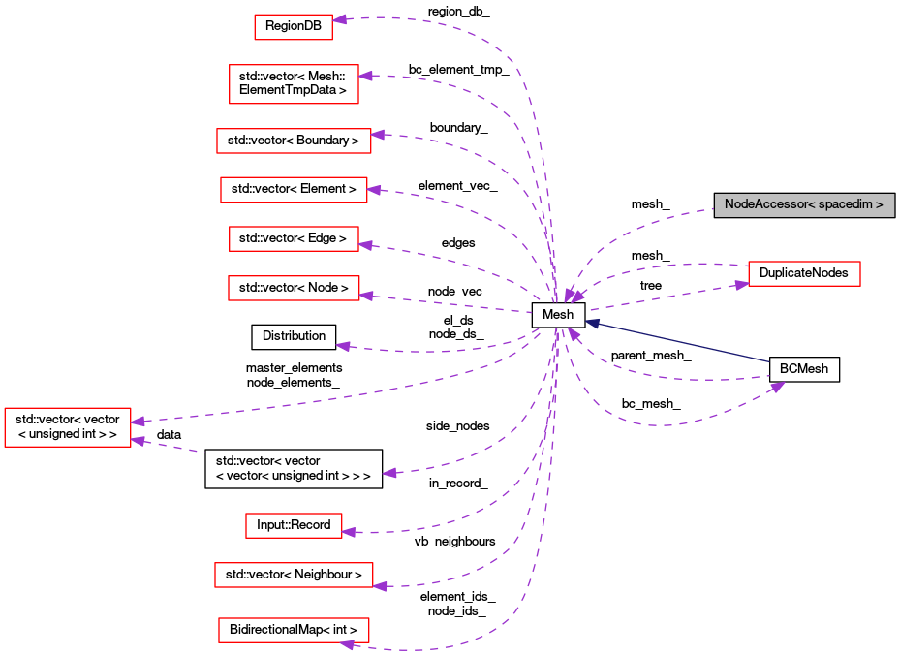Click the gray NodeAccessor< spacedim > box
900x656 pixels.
(x=803, y=205)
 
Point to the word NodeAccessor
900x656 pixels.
(x=764, y=205)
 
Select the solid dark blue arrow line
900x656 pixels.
(x=678, y=342)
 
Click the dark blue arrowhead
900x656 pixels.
(x=592, y=323)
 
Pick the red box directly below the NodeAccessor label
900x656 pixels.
(x=804, y=274)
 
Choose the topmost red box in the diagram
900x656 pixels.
(x=294, y=27)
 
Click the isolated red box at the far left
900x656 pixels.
(x=68, y=427)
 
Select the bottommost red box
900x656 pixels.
(x=294, y=630)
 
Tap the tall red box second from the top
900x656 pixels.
(x=294, y=84)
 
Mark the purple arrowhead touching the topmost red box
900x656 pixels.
(x=340, y=19)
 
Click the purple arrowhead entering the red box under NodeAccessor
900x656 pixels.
(x=741, y=284)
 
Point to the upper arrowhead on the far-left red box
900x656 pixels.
(x=139, y=422)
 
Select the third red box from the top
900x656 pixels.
(x=294, y=141)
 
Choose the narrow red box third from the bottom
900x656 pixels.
(x=294, y=525)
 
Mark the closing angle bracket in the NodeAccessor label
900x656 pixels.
(x=879, y=205)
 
